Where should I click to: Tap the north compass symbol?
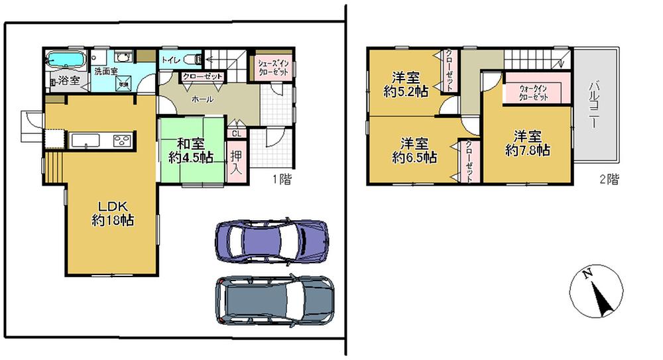pyautogui.click(x=596, y=292)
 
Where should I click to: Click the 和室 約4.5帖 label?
pyautogui.click(x=190, y=150)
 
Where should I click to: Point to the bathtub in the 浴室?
pyautogui.click(x=65, y=60)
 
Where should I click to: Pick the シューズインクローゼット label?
pyautogui.click(x=272, y=68)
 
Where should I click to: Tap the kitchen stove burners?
pyautogui.click(x=123, y=141)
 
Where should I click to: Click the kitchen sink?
pyautogui.click(x=84, y=141)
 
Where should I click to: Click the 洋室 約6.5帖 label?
pyautogui.click(x=414, y=150)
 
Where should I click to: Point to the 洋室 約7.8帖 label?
pyautogui.click(x=527, y=143)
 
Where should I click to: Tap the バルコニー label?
pyautogui.click(x=594, y=105)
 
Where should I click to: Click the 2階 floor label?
pyautogui.click(x=609, y=179)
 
